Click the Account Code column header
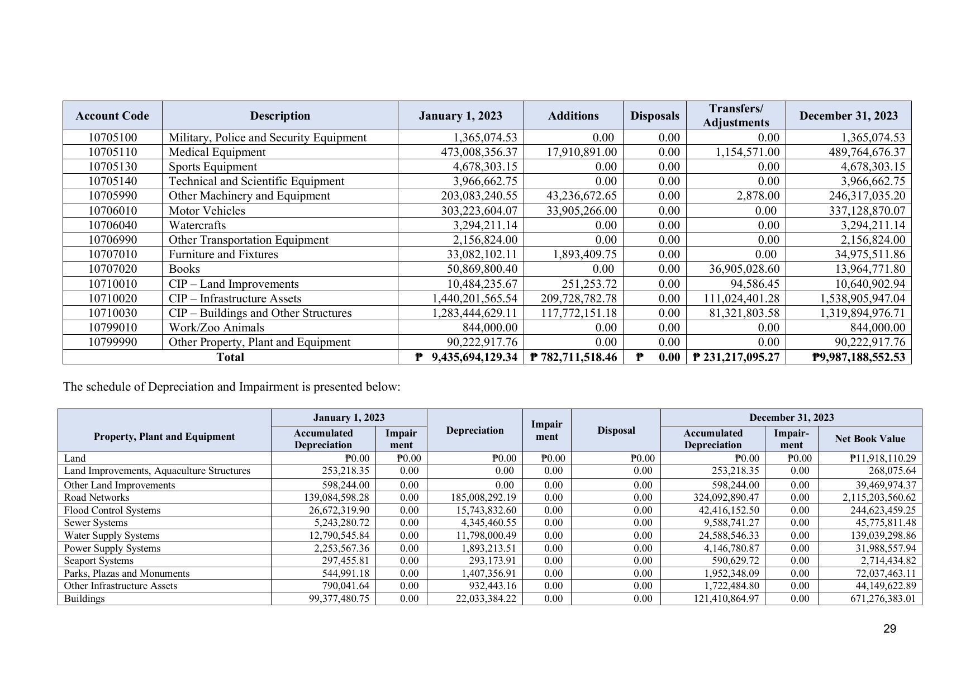coord(112,116)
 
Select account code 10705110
coord(112,152)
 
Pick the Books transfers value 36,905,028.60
coord(741,269)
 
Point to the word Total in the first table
coord(230,357)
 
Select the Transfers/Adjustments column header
coord(735,116)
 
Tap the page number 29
coord(889,629)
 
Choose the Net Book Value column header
coord(869,439)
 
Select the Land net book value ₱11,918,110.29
coord(883,458)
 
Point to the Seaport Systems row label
coord(99,561)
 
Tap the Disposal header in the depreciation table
coord(616,430)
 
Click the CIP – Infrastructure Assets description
coord(235,298)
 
